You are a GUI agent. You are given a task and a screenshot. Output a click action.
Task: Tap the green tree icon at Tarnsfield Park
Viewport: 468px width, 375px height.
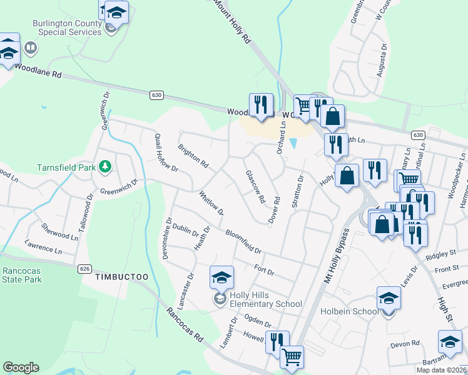coord(106,166)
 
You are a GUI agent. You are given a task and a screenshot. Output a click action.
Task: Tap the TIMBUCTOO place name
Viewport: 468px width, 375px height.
coord(121,276)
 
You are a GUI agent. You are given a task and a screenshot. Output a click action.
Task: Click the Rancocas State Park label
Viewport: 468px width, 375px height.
coord(22,275)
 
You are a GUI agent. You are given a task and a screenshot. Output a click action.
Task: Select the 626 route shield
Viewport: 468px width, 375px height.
coord(84,269)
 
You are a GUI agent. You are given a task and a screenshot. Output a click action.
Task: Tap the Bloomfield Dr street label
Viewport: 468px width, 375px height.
coord(243,241)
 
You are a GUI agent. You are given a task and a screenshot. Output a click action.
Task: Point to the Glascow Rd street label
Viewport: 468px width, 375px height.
coord(256,187)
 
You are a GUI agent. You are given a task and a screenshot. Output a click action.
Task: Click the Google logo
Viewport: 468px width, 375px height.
coord(21,367)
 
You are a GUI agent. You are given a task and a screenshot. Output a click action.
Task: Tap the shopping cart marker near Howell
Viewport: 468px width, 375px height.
coord(291,357)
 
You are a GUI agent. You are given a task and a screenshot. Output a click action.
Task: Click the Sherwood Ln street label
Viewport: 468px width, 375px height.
coord(59,231)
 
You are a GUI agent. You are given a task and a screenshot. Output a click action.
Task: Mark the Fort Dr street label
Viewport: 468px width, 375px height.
coord(265,270)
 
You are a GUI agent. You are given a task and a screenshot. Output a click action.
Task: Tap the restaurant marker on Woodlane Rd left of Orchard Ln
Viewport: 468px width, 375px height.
coord(261,105)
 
